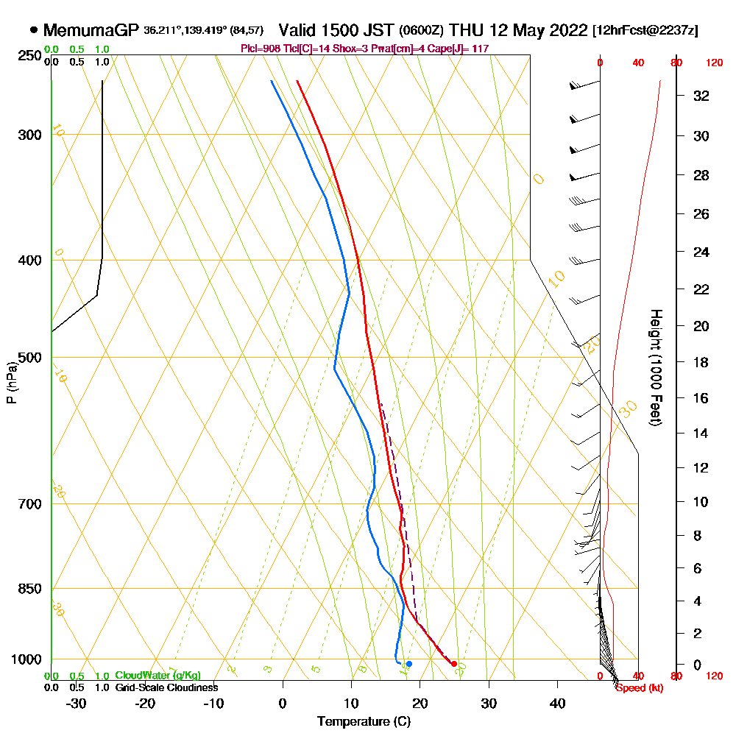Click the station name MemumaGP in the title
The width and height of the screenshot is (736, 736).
91,30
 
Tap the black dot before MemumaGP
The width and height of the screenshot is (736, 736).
34,30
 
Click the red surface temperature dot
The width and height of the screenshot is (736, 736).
454,664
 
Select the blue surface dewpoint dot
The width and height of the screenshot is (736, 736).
409,664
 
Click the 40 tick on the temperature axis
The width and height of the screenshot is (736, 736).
558,703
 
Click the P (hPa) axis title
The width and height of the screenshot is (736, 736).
11,382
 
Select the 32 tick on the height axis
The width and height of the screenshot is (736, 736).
702,96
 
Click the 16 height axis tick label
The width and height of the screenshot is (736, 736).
702,398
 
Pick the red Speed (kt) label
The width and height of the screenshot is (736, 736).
637,687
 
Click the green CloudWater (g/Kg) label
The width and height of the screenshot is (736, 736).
158,676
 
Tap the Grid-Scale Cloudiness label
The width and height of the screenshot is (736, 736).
166,687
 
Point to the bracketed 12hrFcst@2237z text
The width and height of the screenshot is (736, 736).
645,31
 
